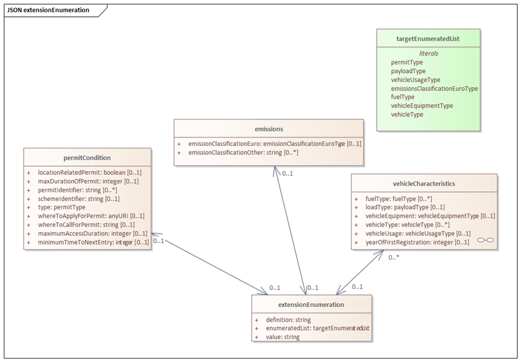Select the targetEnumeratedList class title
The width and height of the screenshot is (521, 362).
coord(428,39)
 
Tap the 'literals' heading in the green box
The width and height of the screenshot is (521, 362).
coord(429,54)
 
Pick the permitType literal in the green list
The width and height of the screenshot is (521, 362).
coord(407,62)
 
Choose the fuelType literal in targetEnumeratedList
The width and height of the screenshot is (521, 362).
coord(403,97)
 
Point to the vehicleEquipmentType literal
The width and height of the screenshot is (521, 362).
coord(422,106)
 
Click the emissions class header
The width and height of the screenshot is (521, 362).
coord(269,129)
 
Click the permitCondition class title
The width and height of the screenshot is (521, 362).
coord(88,158)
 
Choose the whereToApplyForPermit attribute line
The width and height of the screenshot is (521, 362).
coord(91,216)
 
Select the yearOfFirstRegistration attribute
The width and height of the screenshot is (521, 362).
coord(417,242)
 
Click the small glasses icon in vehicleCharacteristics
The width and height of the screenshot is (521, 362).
coord(485,240)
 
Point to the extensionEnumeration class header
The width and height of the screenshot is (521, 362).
coord(312,305)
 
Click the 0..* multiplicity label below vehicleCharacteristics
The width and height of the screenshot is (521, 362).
coord(394,257)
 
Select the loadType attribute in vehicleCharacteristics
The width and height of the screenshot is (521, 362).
coord(405,207)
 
